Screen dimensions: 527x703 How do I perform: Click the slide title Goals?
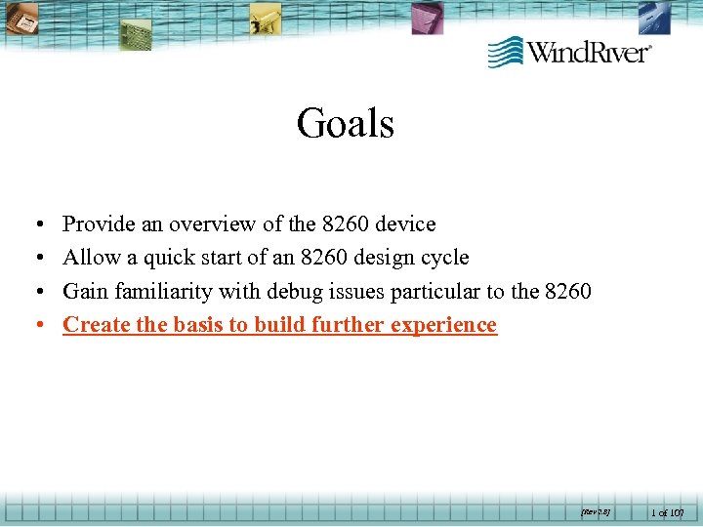click(346, 124)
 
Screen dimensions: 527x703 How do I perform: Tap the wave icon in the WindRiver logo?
click(506, 52)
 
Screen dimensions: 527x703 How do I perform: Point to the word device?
click(405, 224)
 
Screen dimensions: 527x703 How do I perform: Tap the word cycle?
click(444, 258)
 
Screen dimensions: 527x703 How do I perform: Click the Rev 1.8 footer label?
click(595, 510)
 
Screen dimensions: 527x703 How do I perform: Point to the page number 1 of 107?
click(668, 510)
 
